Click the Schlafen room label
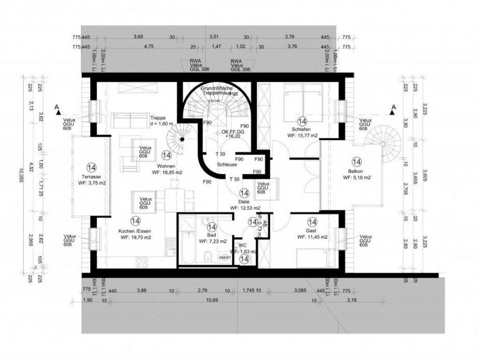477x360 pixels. coord(301,129)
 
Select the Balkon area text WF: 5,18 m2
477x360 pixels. coord(357,178)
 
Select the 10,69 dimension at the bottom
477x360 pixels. coord(209,300)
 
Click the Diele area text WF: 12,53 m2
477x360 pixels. coord(245,208)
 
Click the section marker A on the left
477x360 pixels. coord(57,107)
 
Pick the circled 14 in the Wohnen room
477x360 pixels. coord(166,154)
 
